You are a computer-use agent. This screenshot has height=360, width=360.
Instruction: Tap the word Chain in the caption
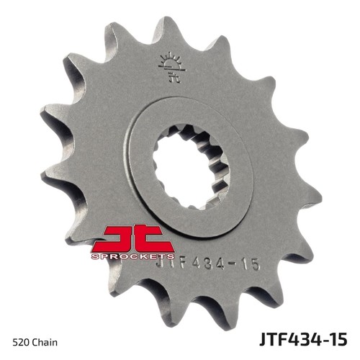pyautogui.click(x=45, y=342)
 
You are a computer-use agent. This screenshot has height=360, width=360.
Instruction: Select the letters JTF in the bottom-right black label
pyautogui.click(x=272, y=339)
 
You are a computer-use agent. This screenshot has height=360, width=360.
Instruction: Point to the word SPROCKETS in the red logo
pyautogui.click(x=132, y=256)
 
